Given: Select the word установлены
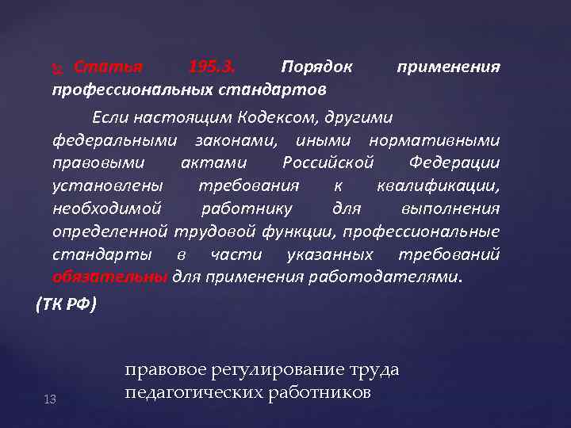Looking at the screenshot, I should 108,186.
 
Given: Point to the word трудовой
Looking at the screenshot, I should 208,232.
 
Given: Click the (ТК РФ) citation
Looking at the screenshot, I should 67,304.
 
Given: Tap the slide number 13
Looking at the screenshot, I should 49,399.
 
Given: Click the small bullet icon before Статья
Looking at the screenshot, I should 56,67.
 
